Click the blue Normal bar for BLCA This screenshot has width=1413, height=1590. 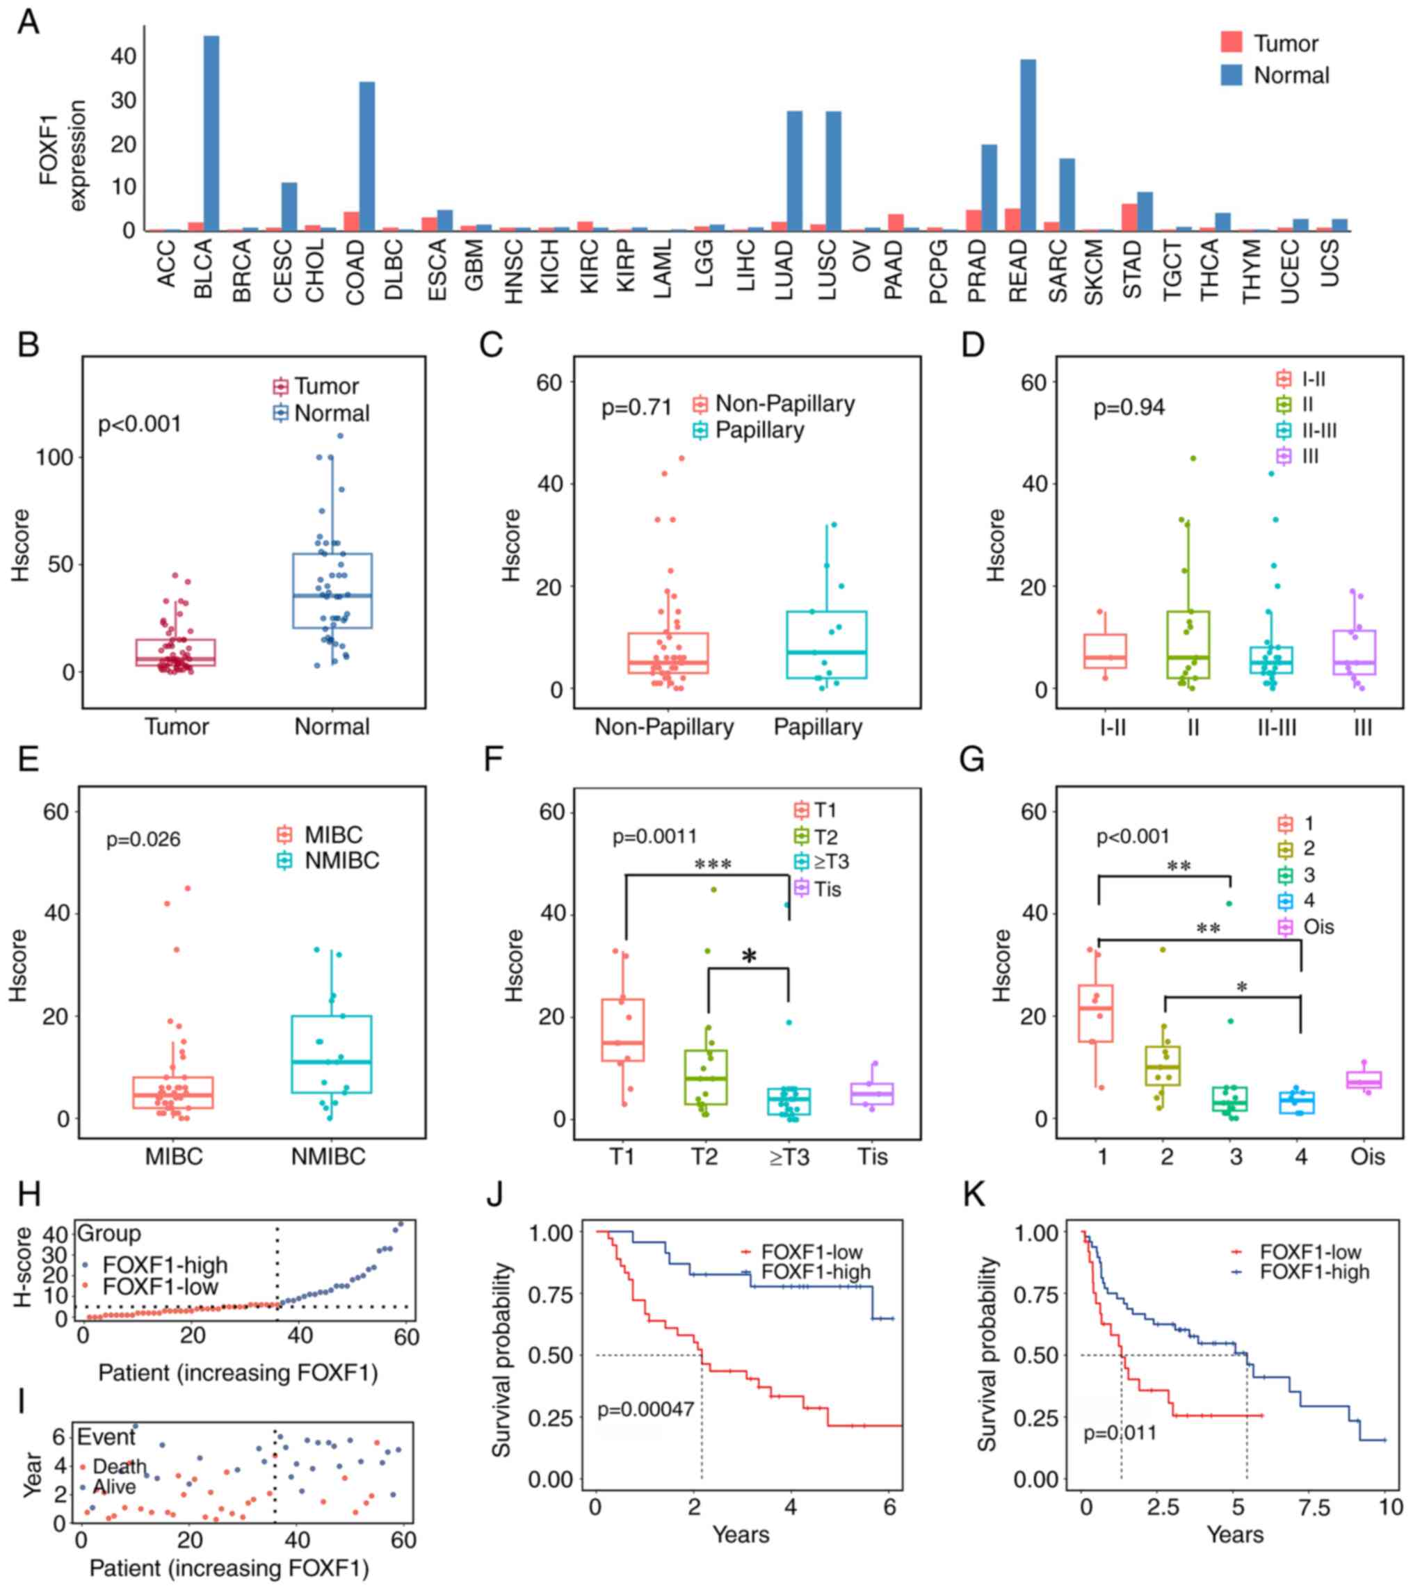[211, 133]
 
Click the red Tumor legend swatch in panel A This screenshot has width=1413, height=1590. [1232, 43]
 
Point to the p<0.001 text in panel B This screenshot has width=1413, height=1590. [139, 424]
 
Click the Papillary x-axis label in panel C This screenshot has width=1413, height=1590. [818, 727]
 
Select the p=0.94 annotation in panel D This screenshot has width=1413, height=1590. [1129, 407]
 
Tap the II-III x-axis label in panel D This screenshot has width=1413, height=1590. [1277, 727]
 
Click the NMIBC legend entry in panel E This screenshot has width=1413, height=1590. [341, 860]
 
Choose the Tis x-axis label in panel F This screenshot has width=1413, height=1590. [873, 1157]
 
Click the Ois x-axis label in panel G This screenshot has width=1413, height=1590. [1367, 1157]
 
